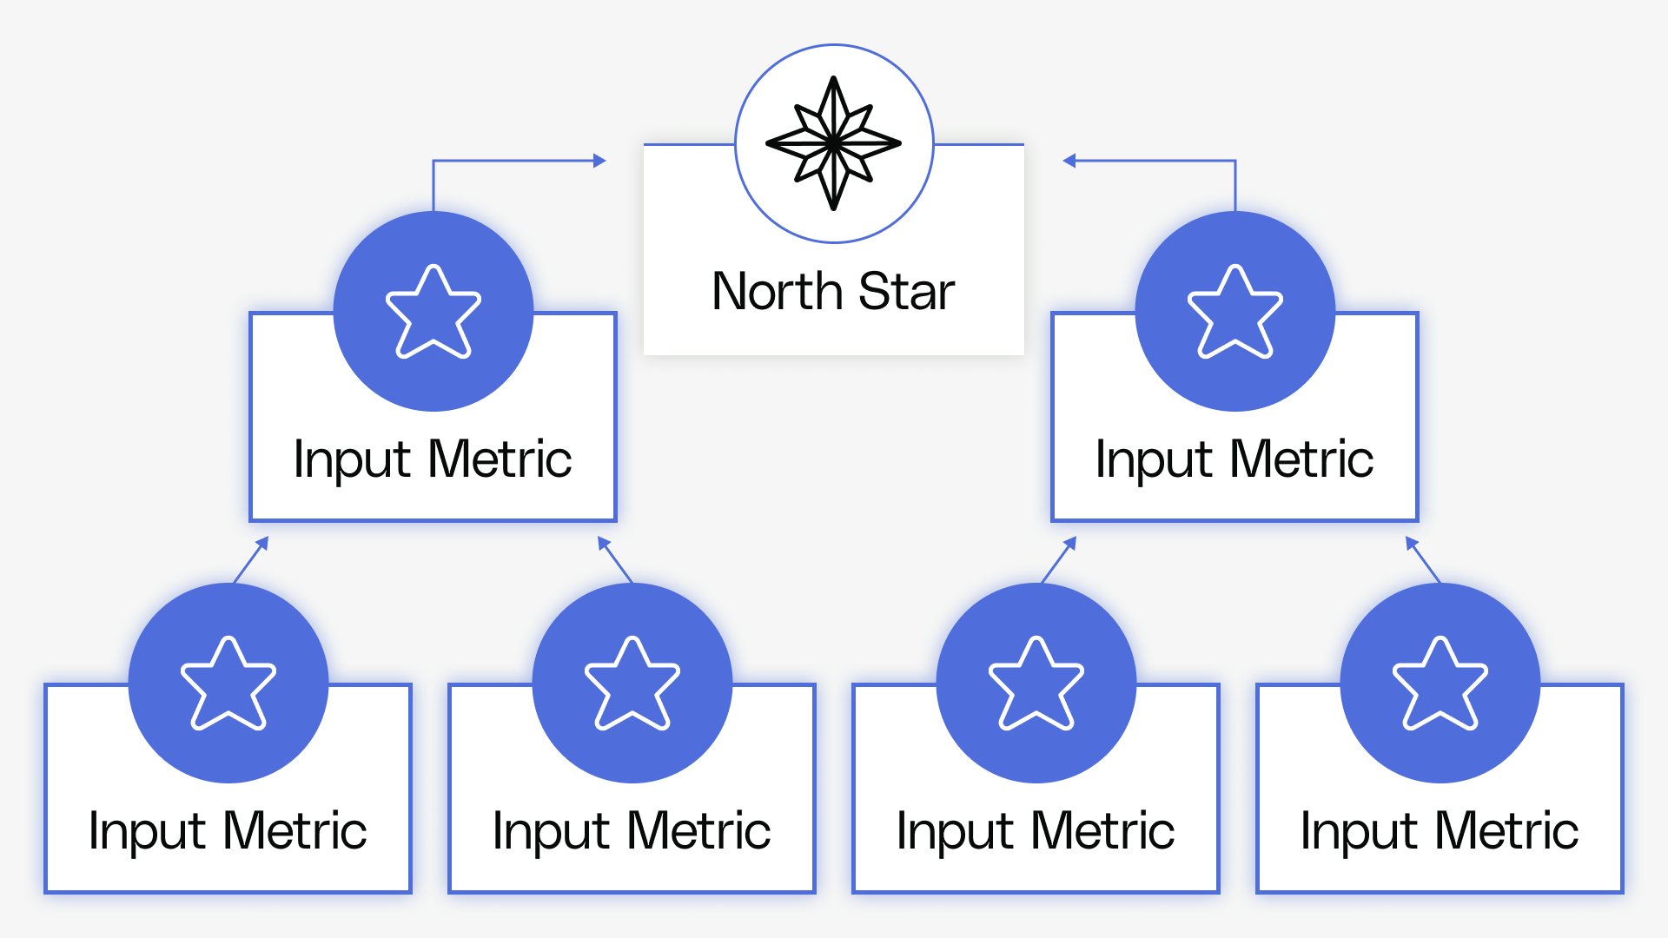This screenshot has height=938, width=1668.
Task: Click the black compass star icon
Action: (x=833, y=143)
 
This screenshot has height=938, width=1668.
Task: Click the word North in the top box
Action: (x=777, y=292)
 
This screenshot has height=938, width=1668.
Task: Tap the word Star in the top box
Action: (x=906, y=292)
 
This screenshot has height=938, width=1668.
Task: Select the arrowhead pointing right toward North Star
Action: (x=599, y=161)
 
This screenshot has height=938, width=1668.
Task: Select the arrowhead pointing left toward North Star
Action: (x=1069, y=161)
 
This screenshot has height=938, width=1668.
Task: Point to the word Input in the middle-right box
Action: (x=1153, y=460)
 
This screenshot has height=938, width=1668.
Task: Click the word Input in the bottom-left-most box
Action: (x=146, y=832)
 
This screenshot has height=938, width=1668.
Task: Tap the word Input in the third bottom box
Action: (x=954, y=832)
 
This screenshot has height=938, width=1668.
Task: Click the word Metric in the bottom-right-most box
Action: (x=1506, y=831)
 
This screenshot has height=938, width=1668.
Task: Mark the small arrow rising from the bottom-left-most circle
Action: (x=251, y=559)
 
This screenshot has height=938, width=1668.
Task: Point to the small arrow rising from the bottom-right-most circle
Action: (x=1423, y=559)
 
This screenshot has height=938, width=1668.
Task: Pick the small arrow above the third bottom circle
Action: (x=1059, y=559)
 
